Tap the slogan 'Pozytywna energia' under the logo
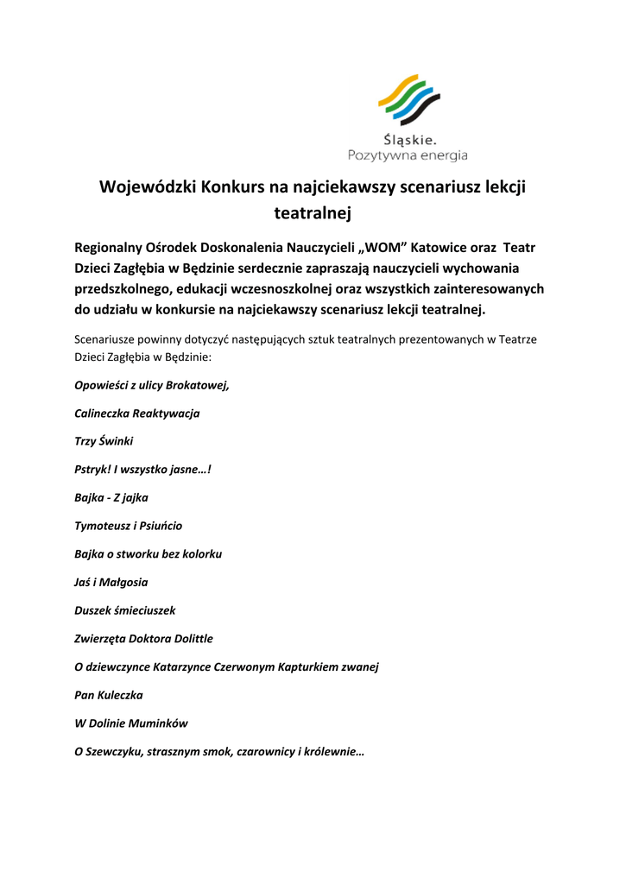click(x=408, y=155)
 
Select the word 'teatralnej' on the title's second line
click(x=313, y=211)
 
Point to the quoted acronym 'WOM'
click(x=380, y=248)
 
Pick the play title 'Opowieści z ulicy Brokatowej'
click(x=152, y=385)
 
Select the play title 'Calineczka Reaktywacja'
click(x=137, y=414)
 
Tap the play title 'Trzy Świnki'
click(x=104, y=441)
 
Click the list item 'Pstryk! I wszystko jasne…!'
click(x=143, y=470)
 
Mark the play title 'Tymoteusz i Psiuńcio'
click(x=129, y=525)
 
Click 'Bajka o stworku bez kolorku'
click(x=149, y=553)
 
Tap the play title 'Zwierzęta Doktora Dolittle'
click(x=144, y=638)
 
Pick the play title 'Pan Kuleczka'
click(x=109, y=694)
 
